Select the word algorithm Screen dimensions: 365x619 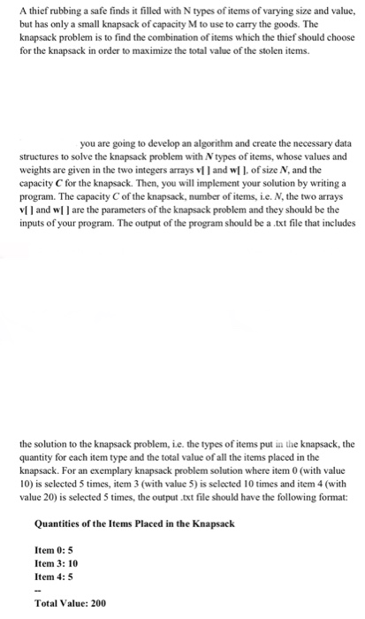click(x=207, y=141)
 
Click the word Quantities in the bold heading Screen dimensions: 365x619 click(x=62, y=523)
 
